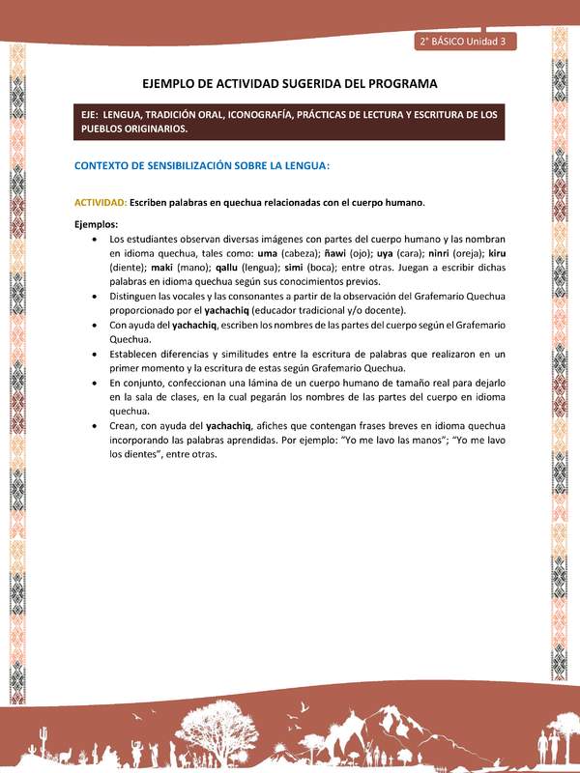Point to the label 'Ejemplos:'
pos(96,224)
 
